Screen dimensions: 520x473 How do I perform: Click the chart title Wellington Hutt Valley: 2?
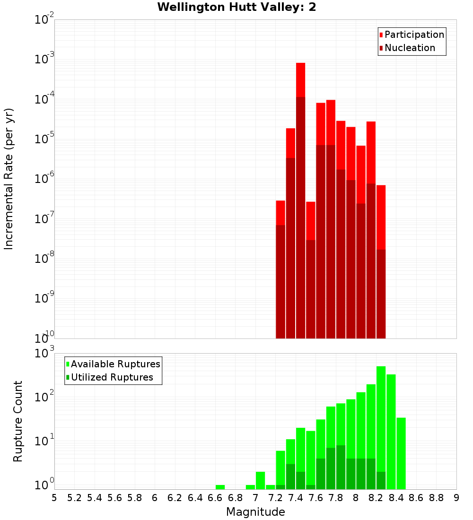tap(236, 7)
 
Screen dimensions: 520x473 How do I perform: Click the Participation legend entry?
tap(412, 35)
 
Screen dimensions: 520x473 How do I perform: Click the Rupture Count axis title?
tap(18, 421)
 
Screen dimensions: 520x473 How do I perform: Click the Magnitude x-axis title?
tap(255, 511)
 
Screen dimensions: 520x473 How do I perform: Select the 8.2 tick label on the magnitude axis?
tap(376, 497)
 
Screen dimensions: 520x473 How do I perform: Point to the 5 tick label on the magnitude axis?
tap(54, 497)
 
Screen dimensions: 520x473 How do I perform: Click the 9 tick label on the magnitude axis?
tap(456, 497)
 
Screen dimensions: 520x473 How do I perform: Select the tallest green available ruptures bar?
tap(381, 425)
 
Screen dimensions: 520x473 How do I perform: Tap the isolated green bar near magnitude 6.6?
tap(220, 487)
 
